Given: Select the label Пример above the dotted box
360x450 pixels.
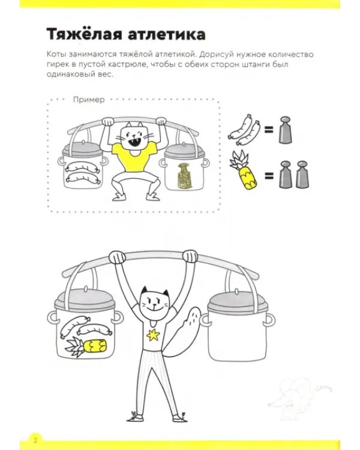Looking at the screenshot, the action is (x=89, y=100).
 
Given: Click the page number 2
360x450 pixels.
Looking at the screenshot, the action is (x=35, y=440).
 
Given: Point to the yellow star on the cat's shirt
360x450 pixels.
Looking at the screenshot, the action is (x=153, y=335).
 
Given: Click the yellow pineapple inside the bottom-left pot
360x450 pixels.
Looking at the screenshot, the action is (x=86, y=346).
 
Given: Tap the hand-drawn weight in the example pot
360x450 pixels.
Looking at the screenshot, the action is (x=185, y=176).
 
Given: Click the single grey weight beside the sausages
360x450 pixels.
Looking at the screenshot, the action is (x=285, y=130).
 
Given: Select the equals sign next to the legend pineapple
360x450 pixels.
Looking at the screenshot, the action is (x=269, y=175).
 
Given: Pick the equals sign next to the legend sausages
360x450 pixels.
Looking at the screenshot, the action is (x=269, y=130).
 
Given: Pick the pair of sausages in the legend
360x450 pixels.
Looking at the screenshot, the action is (x=244, y=130).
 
